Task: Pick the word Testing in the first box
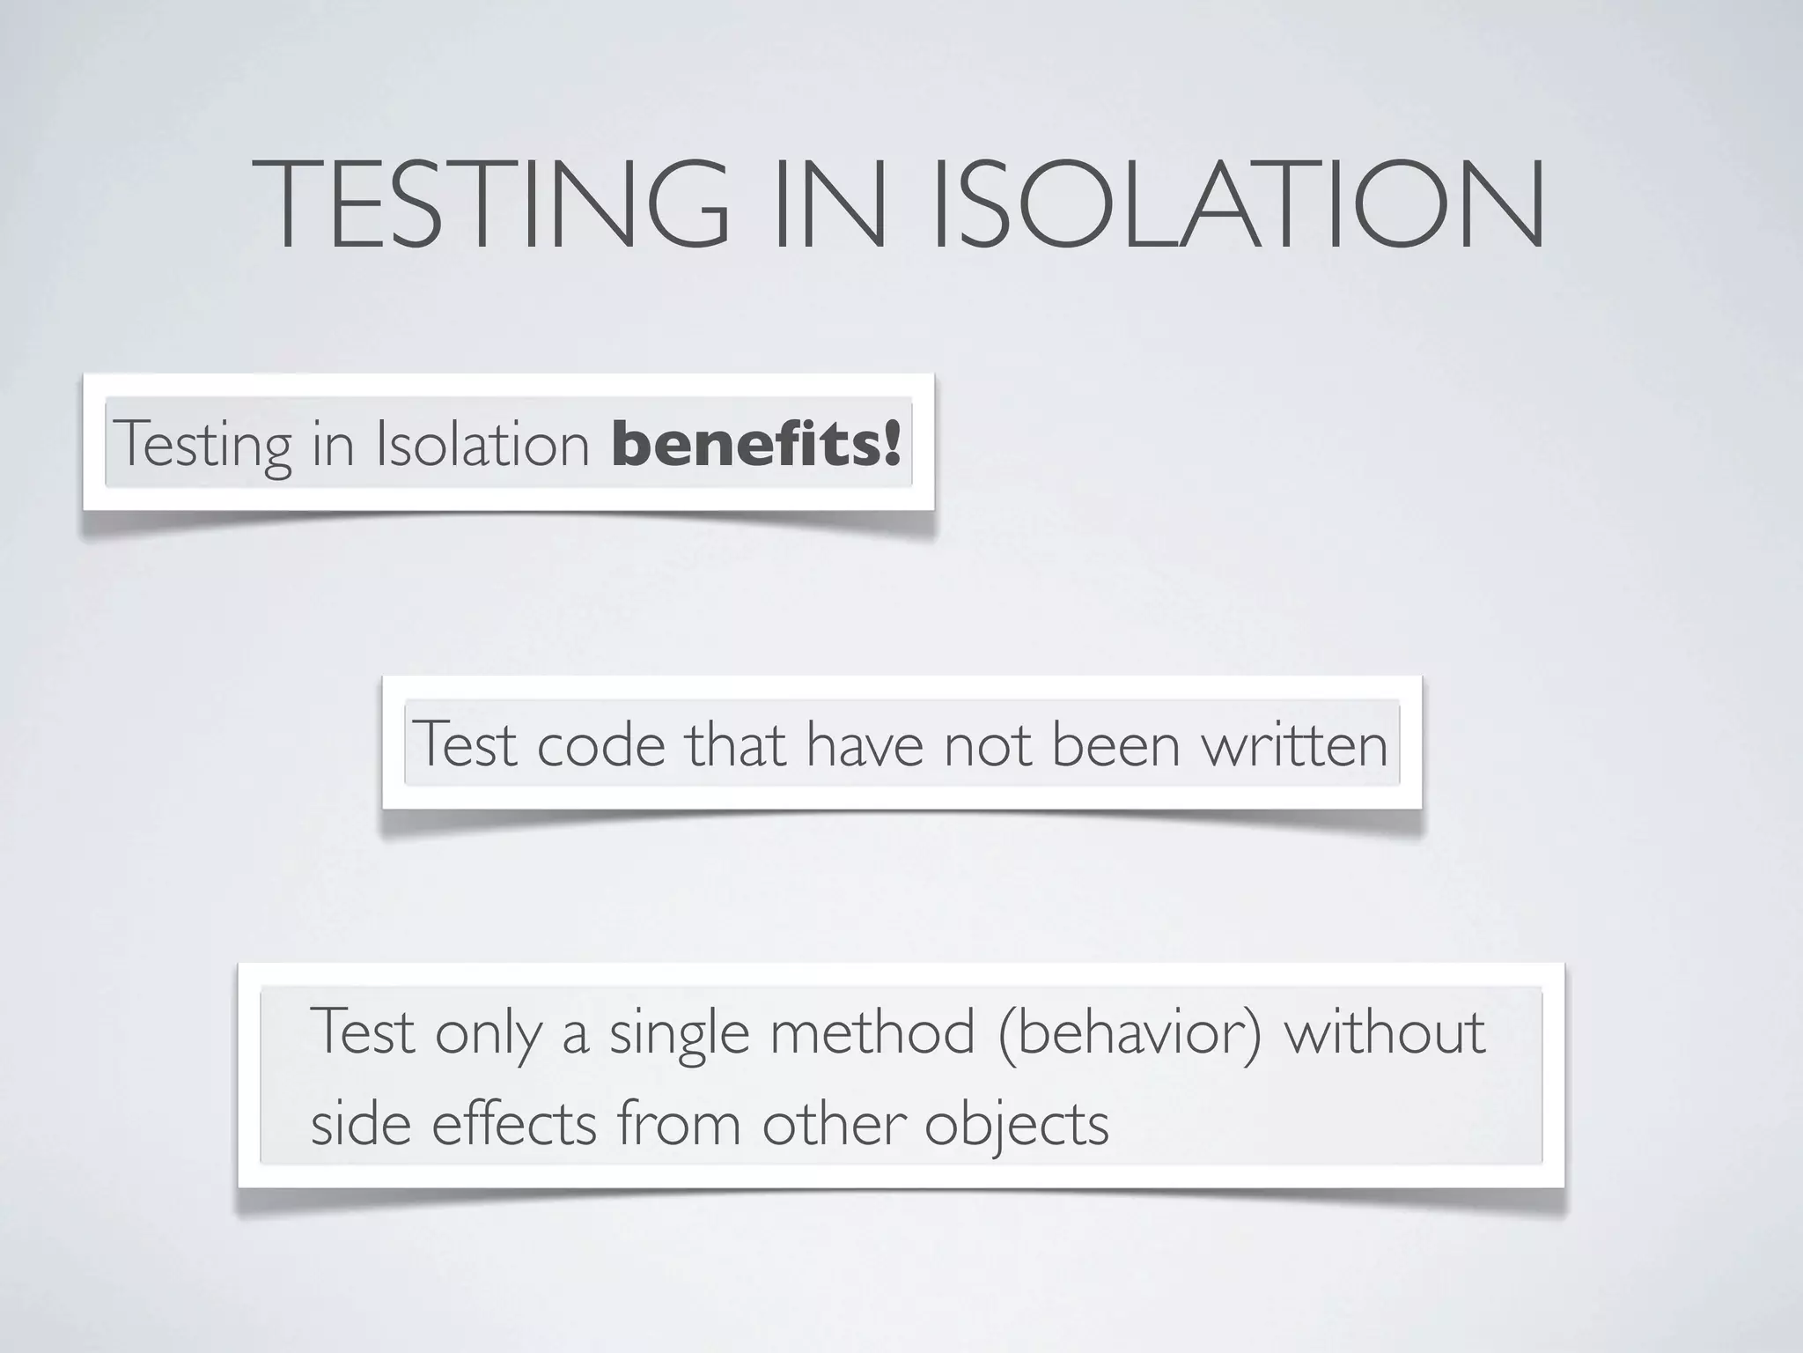pyautogui.click(x=202, y=445)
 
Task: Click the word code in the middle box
pyautogui.click(x=600, y=744)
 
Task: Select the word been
pyautogui.click(x=1115, y=744)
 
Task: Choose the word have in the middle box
pyautogui.click(x=865, y=744)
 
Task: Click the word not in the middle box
pyautogui.click(x=987, y=744)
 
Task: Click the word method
pyautogui.click(x=872, y=1032)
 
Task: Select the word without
pyautogui.click(x=1385, y=1032)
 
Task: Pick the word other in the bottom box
pyautogui.click(x=834, y=1125)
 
